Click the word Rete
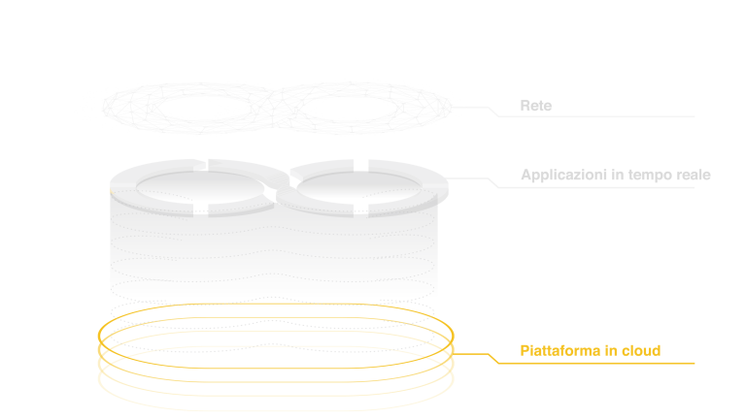(x=535, y=105)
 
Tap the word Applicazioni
(x=558, y=176)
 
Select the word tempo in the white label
(x=645, y=176)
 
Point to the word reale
(x=692, y=176)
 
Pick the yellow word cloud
(x=640, y=350)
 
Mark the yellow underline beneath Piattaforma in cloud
(x=602, y=364)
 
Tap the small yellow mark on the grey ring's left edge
(x=112, y=192)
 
